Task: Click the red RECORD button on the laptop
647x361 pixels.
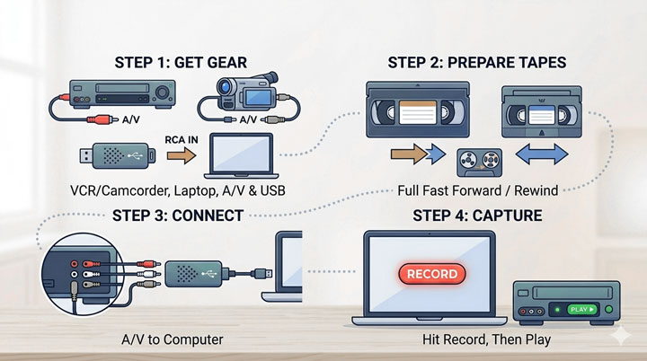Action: (x=432, y=273)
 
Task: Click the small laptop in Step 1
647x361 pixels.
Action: (x=239, y=155)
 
